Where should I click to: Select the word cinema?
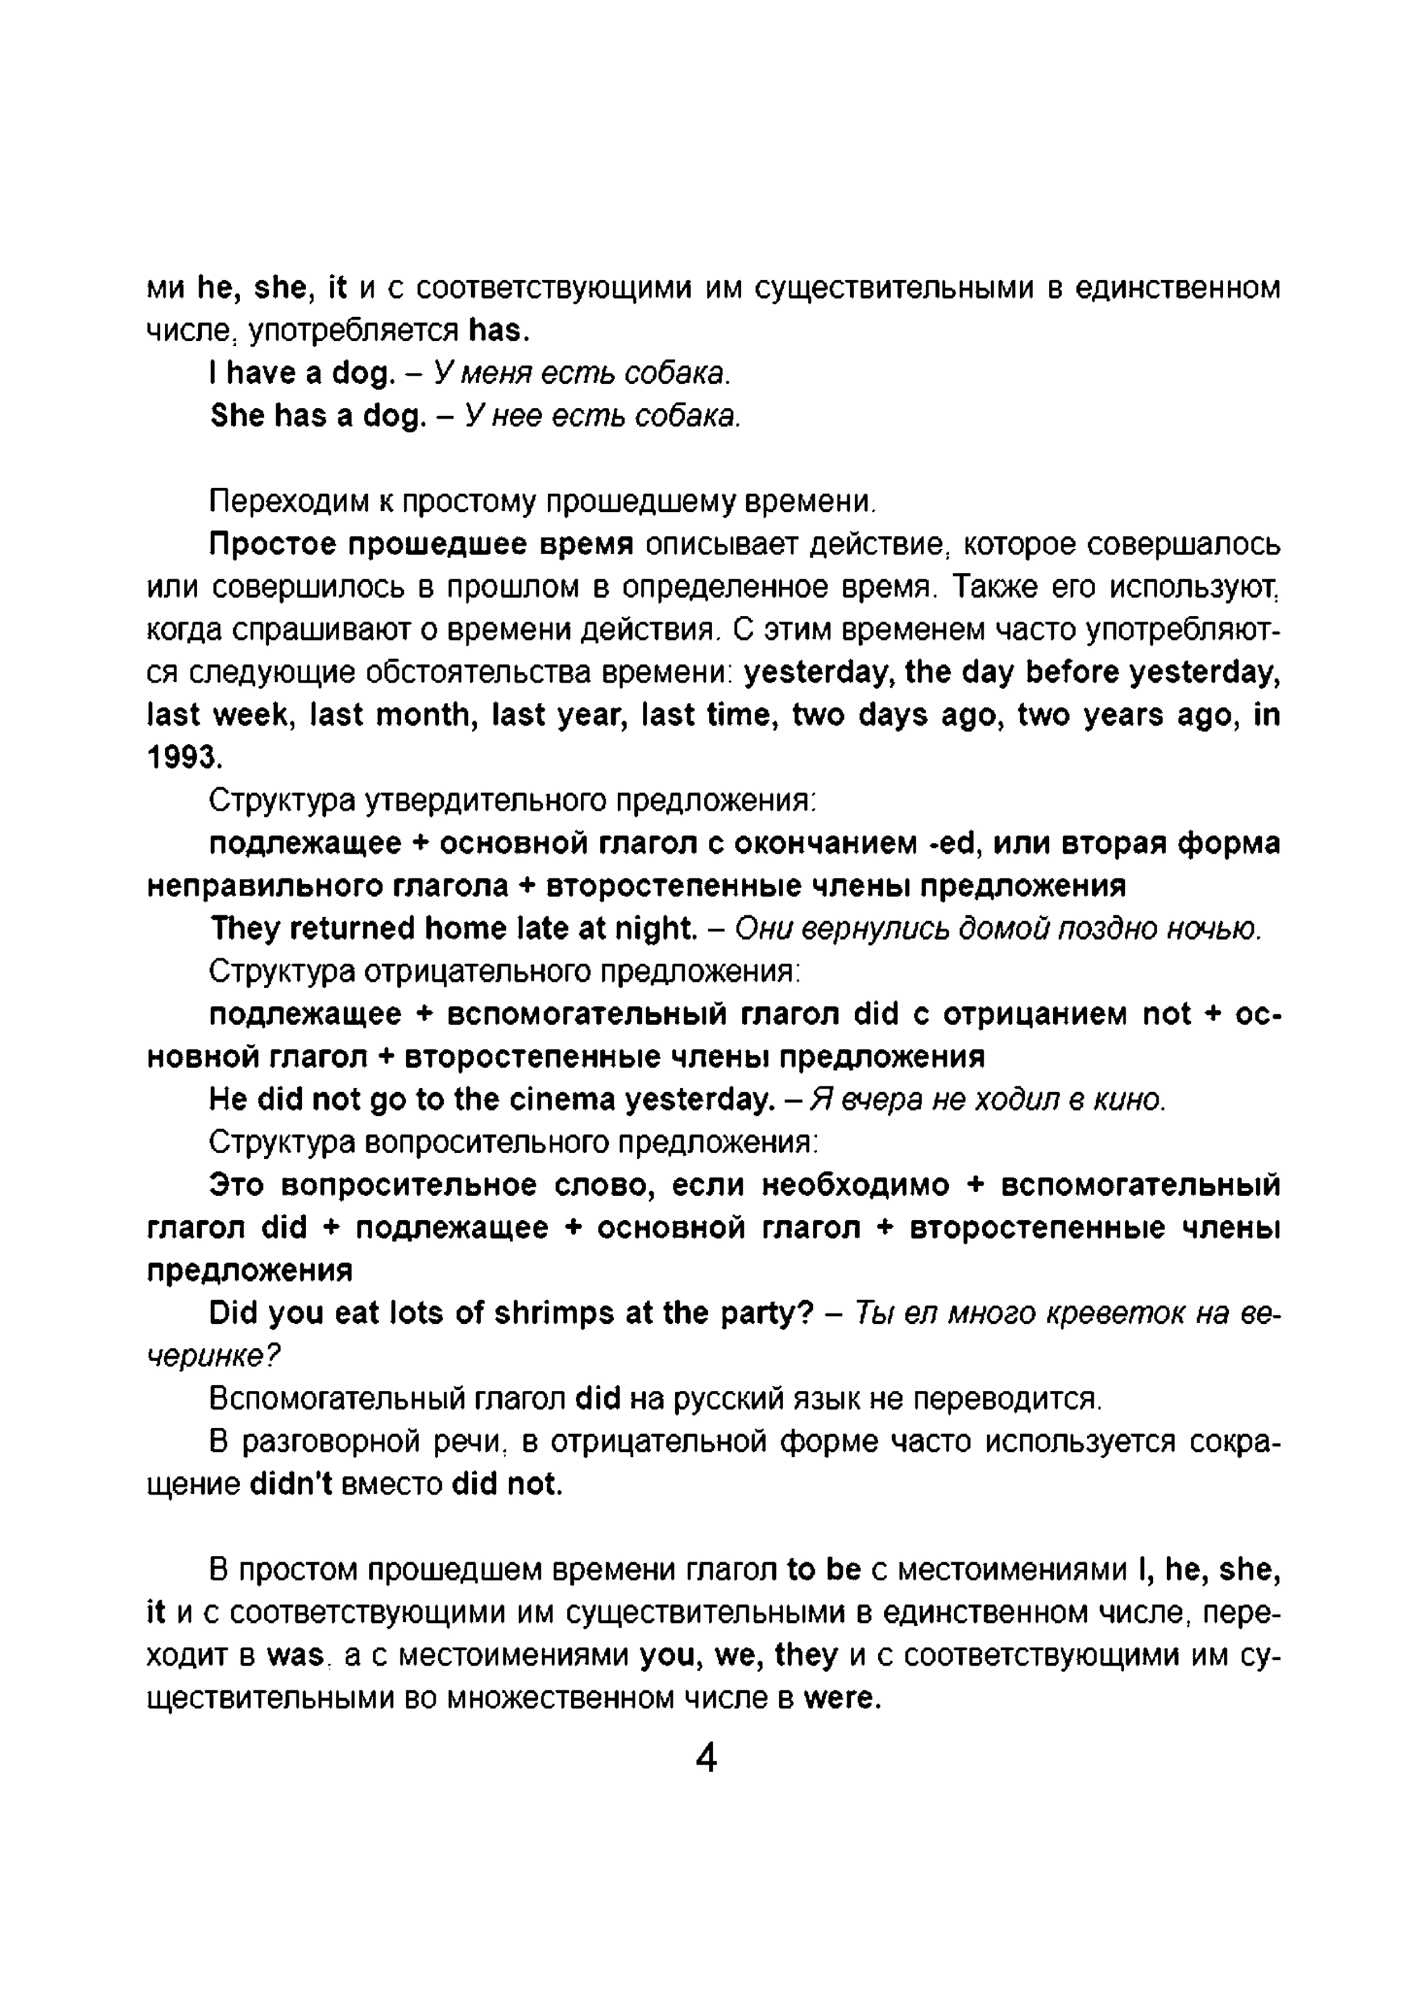pos(566,1100)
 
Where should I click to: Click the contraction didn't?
pos(290,1484)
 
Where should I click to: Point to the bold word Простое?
pos(272,545)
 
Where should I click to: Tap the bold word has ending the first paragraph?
pos(496,330)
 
